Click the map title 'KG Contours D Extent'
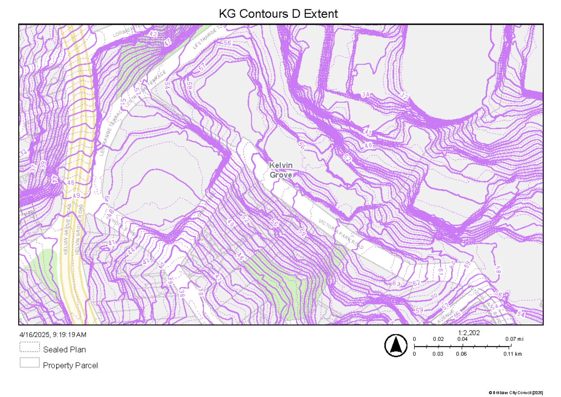[x=278, y=14]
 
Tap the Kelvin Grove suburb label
[x=280, y=170]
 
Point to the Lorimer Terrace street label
[x=123, y=31]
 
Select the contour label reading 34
[x=366, y=95]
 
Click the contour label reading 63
[x=397, y=283]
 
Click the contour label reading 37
[x=33, y=166]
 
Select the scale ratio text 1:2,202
[x=469, y=333]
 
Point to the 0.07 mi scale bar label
[x=514, y=339]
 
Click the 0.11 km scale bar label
[x=513, y=354]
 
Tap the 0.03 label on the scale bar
[x=438, y=354]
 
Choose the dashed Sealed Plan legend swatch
[x=29, y=347]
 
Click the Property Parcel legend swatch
[x=29, y=363]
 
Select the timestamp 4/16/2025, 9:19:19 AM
[x=53, y=335]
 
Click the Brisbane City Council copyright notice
[x=516, y=392]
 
